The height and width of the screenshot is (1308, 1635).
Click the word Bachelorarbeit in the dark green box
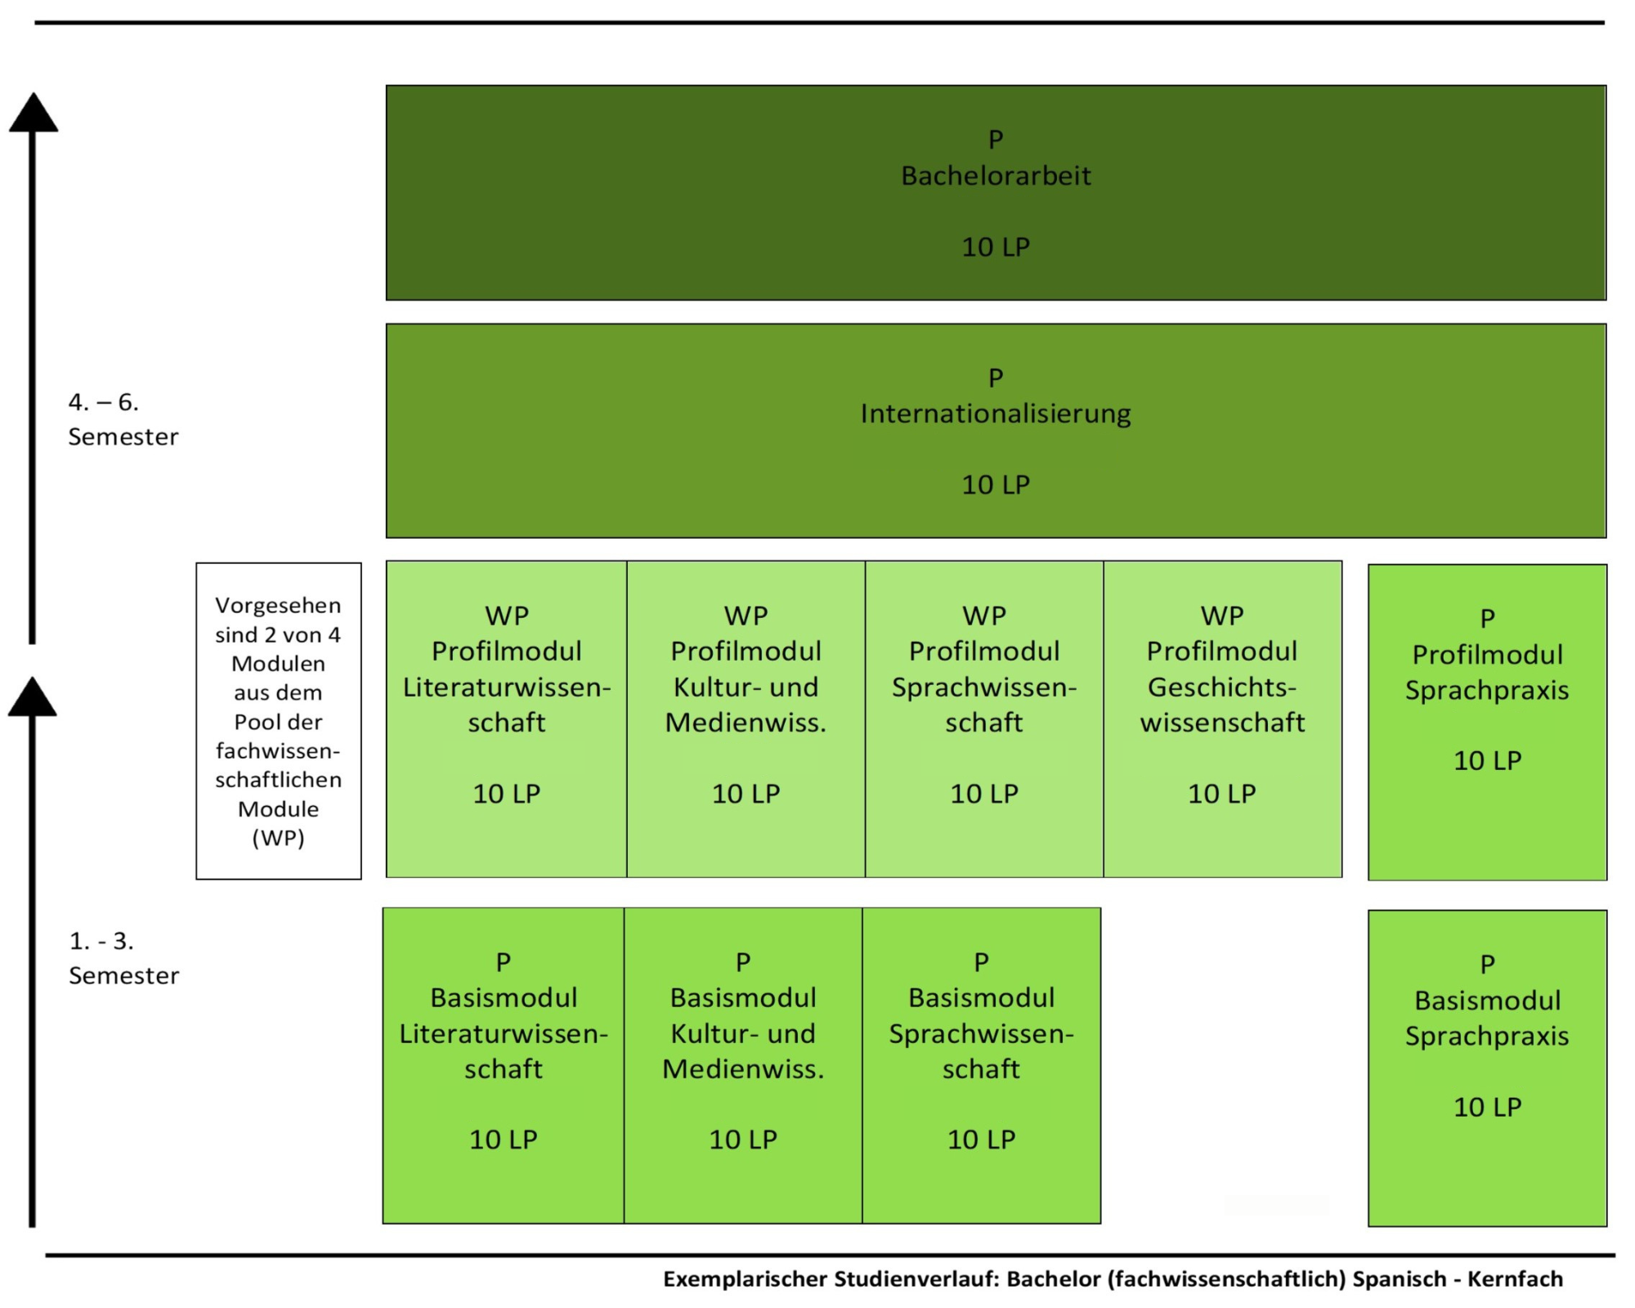pyautogui.click(x=996, y=176)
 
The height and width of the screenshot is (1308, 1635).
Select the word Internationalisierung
pyautogui.click(x=996, y=414)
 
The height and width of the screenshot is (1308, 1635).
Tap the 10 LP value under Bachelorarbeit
pyautogui.click(x=996, y=247)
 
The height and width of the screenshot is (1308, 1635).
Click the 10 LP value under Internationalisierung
pyautogui.click(x=996, y=485)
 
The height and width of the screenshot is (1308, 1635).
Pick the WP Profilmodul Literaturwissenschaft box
pyautogui.click(x=507, y=719)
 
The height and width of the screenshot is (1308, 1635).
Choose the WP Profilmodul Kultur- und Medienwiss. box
pyautogui.click(x=746, y=719)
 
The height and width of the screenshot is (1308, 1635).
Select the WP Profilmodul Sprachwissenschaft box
pyautogui.click(x=984, y=719)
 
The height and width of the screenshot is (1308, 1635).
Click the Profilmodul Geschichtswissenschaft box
pyautogui.click(x=1223, y=719)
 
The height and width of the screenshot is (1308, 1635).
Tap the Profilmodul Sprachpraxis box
pyautogui.click(x=1488, y=722)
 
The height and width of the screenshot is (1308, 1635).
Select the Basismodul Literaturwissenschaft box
pyautogui.click(x=504, y=1065)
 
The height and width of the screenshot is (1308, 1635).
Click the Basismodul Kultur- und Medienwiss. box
pyautogui.click(x=743, y=1065)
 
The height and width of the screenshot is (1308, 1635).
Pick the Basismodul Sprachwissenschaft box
pyautogui.click(x=982, y=1065)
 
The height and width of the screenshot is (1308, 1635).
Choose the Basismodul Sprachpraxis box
pyautogui.click(x=1488, y=1068)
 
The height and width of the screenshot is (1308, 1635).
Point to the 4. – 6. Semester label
pyautogui.click(x=123, y=419)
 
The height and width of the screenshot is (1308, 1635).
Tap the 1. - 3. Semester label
pyautogui.click(x=123, y=958)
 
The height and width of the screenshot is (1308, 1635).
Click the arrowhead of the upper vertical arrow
pyautogui.click(x=34, y=113)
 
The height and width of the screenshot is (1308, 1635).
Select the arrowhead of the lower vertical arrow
pyautogui.click(x=33, y=697)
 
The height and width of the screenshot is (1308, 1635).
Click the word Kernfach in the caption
pyautogui.click(x=1515, y=1279)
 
